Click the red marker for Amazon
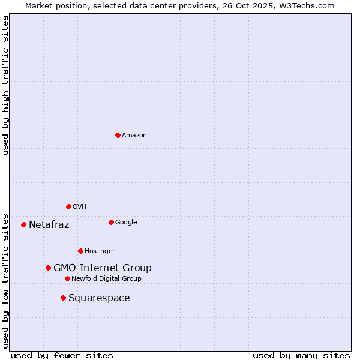coord(118,135)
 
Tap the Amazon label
coord(134,136)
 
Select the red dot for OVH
coord(68,206)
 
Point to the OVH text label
coord(80,207)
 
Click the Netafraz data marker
coord(23,224)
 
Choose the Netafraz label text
coord(49,225)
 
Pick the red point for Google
coord(111,222)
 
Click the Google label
coord(126,223)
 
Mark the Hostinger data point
coord(80,251)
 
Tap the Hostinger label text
coord(100,251)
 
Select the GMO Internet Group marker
coord(48,268)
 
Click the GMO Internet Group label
coord(103,268)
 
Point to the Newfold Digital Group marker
coord(67,278)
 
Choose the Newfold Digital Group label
coord(107,279)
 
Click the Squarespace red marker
coord(63,298)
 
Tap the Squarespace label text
coord(99,298)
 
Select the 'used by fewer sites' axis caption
coord(62,355)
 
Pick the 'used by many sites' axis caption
coord(301,355)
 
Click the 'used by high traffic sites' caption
coord(6,85)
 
